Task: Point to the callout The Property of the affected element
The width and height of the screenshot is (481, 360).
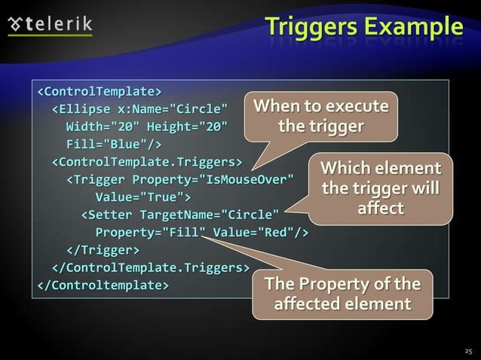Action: [343, 294]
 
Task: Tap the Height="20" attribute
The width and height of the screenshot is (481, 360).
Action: [185, 126]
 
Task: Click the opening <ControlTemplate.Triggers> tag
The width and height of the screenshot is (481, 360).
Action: [146, 161]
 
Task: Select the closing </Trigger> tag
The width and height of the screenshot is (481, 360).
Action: [103, 249]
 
